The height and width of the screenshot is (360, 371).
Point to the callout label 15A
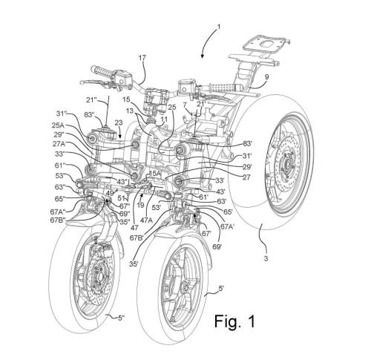(x=154, y=174)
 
